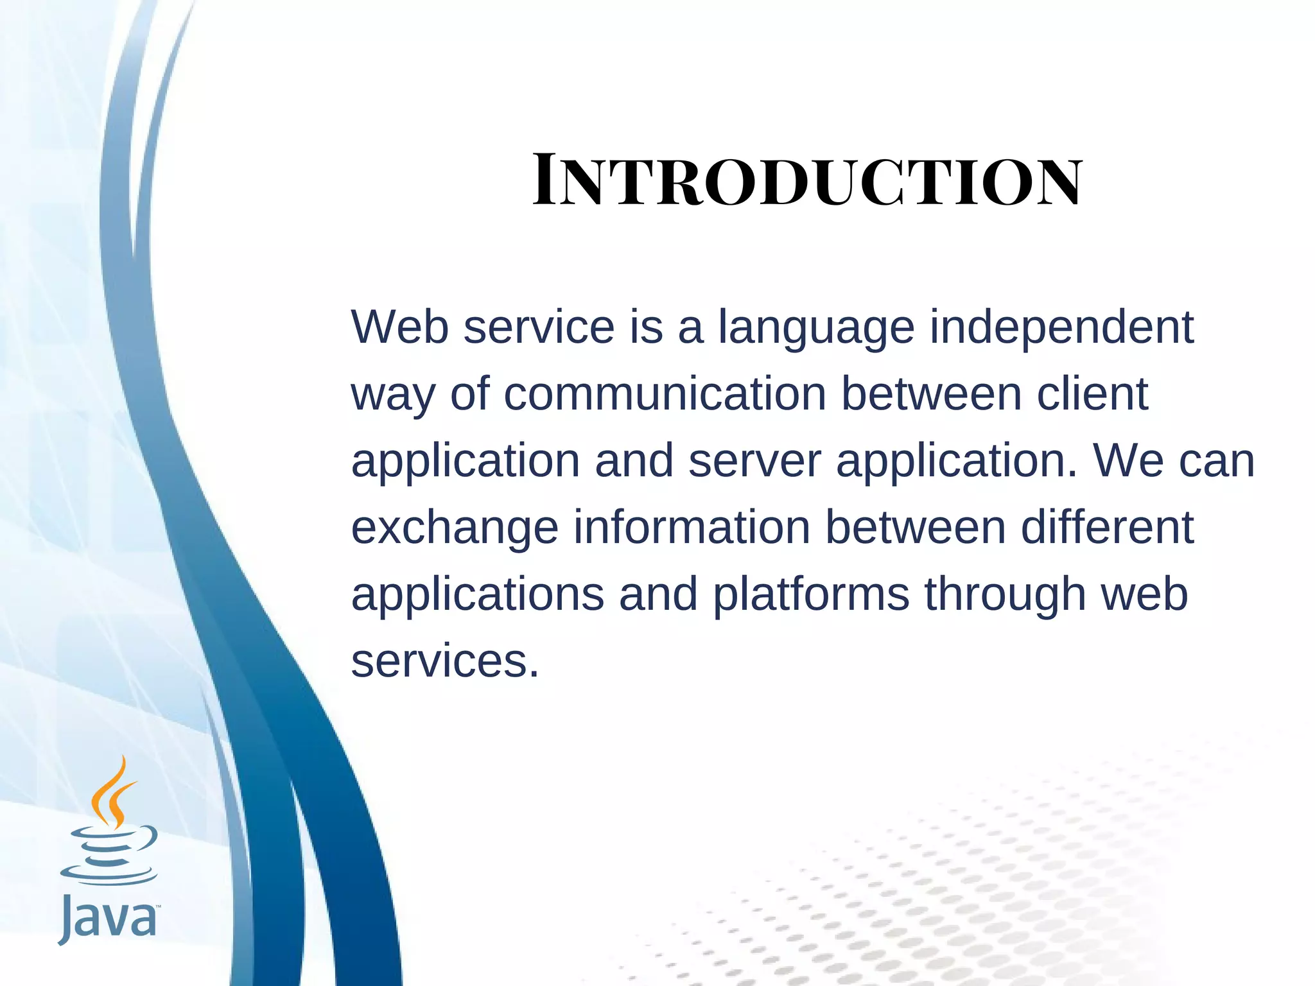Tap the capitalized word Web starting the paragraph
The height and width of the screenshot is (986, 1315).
click(399, 327)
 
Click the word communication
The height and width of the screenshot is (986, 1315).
click(665, 394)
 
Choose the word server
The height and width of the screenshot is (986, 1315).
click(754, 461)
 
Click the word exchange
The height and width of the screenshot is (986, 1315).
click(455, 528)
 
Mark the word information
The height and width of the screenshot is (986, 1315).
click(692, 528)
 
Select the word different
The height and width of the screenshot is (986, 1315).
click(1107, 528)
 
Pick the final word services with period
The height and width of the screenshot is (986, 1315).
click(445, 662)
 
